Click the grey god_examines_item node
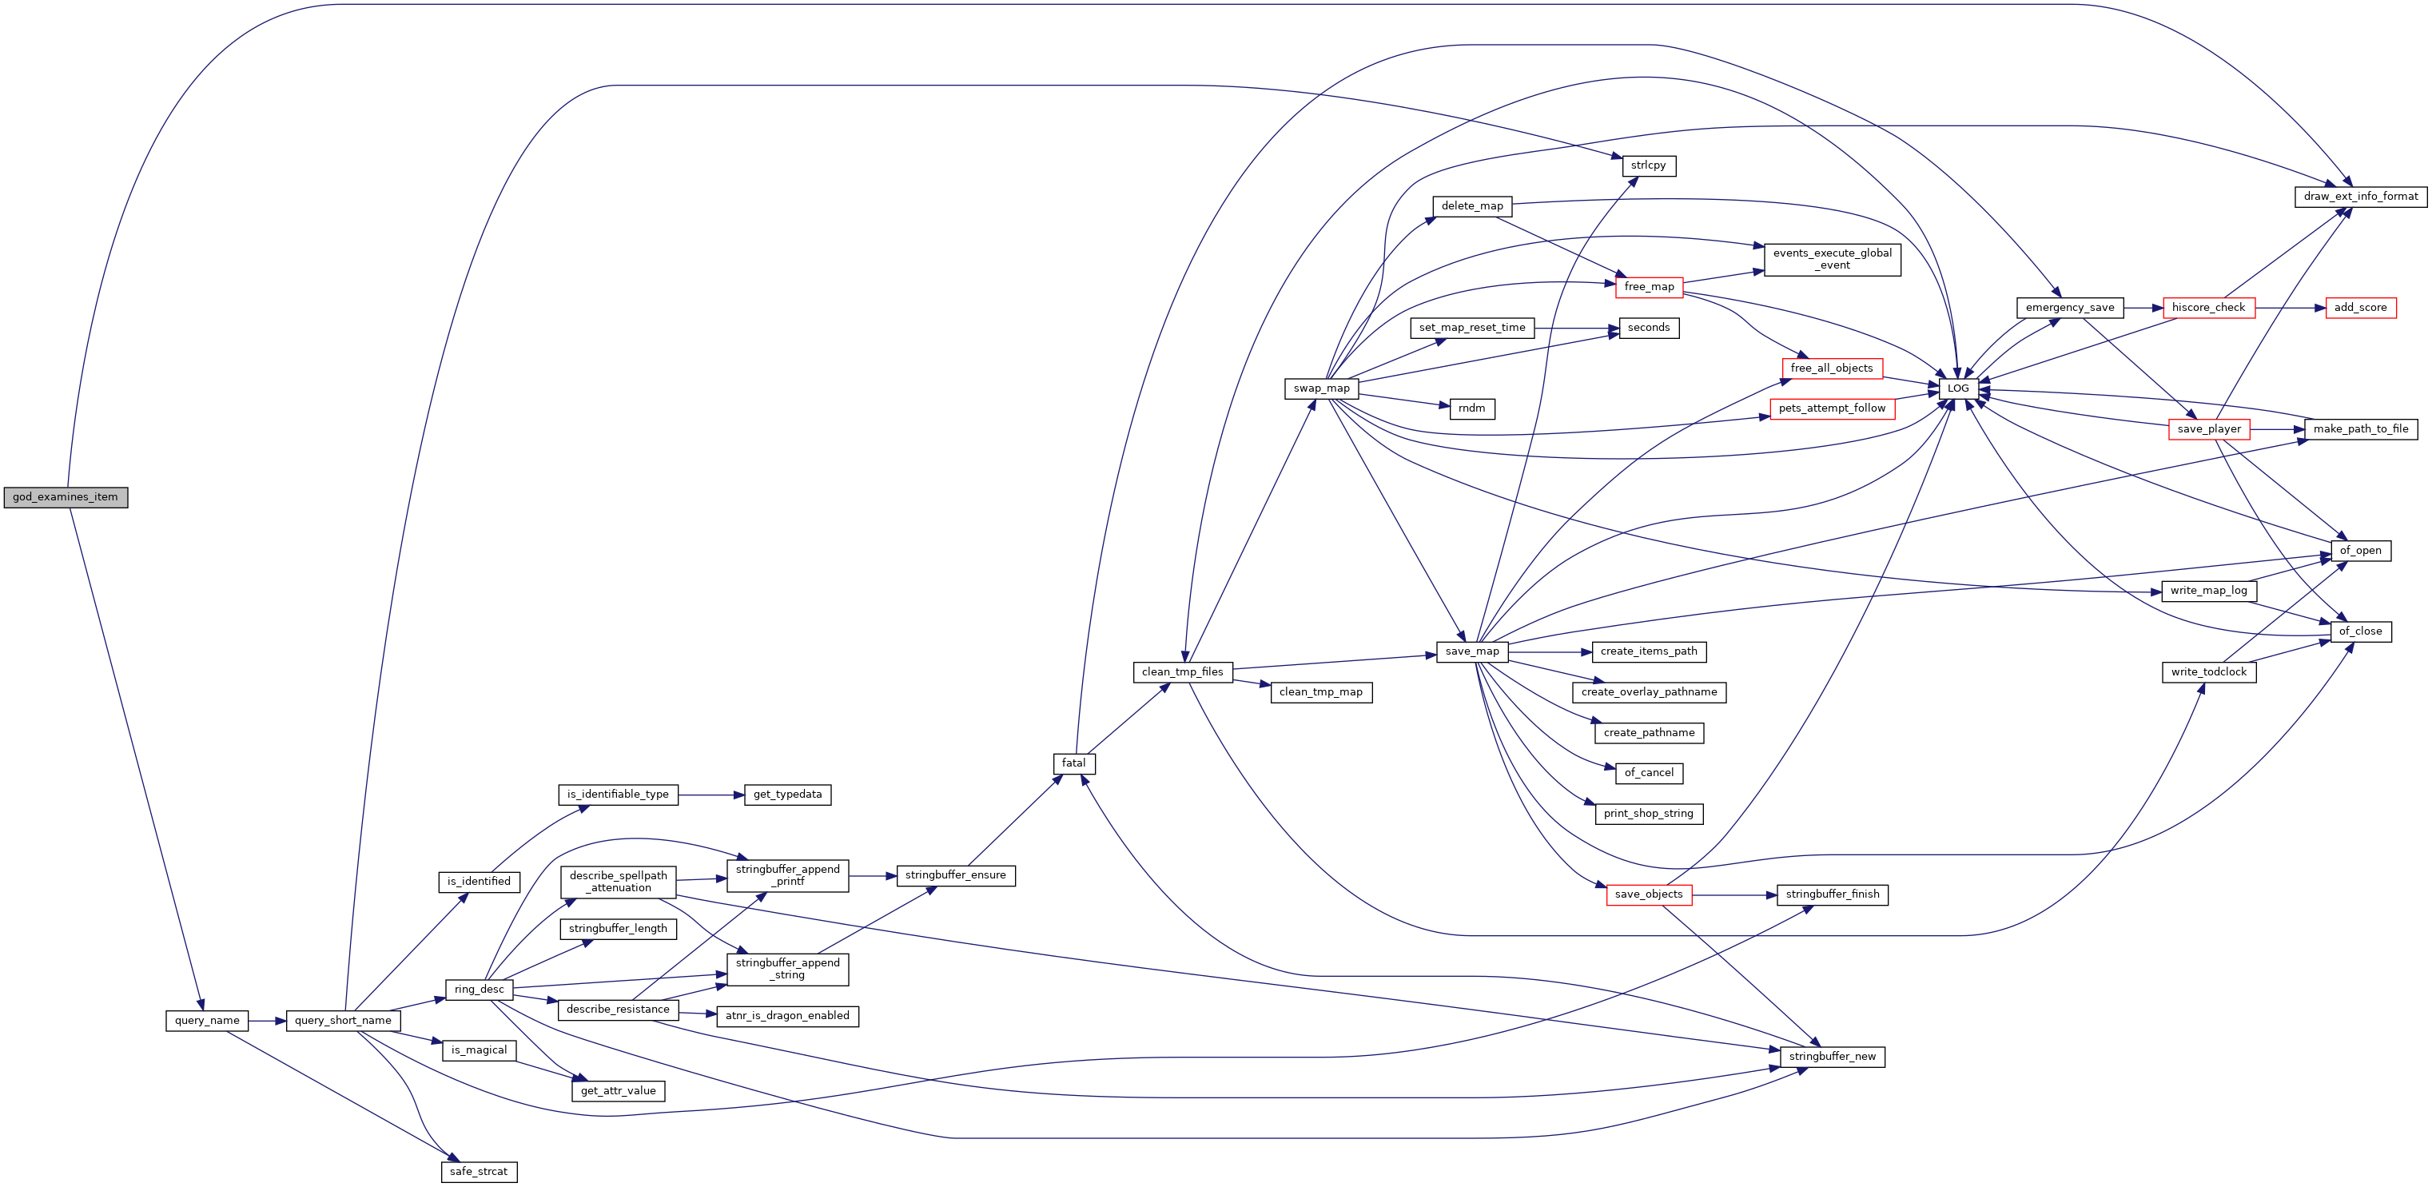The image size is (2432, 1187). tap(66, 496)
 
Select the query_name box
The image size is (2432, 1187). tap(207, 1021)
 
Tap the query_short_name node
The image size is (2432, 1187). tap(343, 1021)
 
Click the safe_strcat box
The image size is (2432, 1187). tap(479, 1172)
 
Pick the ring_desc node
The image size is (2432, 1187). tap(479, 990)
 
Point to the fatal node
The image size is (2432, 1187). tap(1073, 763)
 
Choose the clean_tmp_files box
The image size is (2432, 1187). tap(1182, 672)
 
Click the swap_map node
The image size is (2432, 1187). tap(1322, 388)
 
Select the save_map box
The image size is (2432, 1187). tap(1472, 651)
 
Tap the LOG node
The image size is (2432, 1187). tap(1958, 388)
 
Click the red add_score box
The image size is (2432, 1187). tap(2360, 308)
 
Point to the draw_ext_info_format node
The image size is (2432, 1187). tap(2360, 197)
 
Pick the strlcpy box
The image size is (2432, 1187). tap(1649, 165)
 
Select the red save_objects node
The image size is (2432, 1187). tap(1649, 894)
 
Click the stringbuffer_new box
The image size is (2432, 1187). tap(1833, 1057)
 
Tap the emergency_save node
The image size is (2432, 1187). tap(2069, 308)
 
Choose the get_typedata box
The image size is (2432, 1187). tap(787, 795)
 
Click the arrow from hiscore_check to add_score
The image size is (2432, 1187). tap(2291, 308)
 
